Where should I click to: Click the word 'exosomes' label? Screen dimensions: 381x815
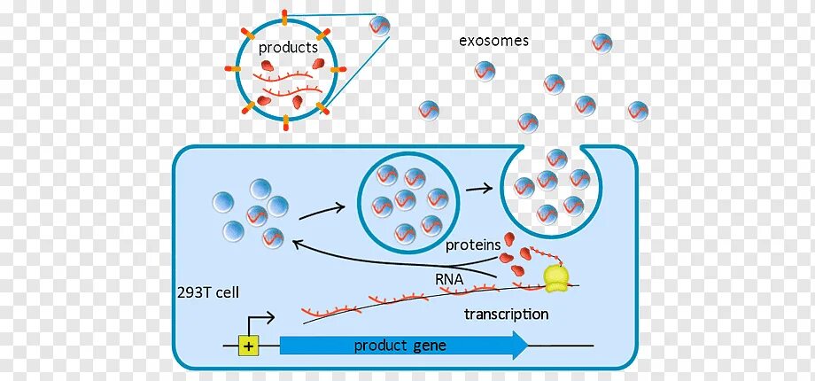coord(493,41)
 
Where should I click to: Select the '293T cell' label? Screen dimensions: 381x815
coord(207,291)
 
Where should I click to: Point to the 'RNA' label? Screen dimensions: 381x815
coord(449,280)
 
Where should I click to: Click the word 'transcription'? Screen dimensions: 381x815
coord(506,315)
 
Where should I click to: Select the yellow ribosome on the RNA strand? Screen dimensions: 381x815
coord(555,278)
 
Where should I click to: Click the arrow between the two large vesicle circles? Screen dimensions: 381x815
coord(479,188)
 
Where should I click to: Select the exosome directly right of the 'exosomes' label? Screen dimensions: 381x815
coord(602,42)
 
